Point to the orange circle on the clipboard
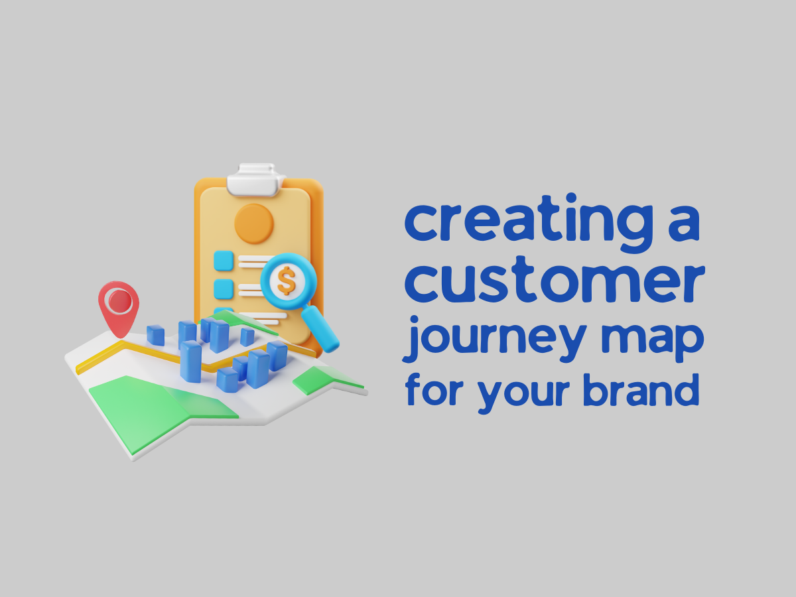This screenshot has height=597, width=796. (254, 223)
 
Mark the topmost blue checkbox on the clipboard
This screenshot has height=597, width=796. (224, 261)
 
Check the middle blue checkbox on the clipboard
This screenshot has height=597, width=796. (224, 289)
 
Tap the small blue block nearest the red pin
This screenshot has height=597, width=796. (156, 336)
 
